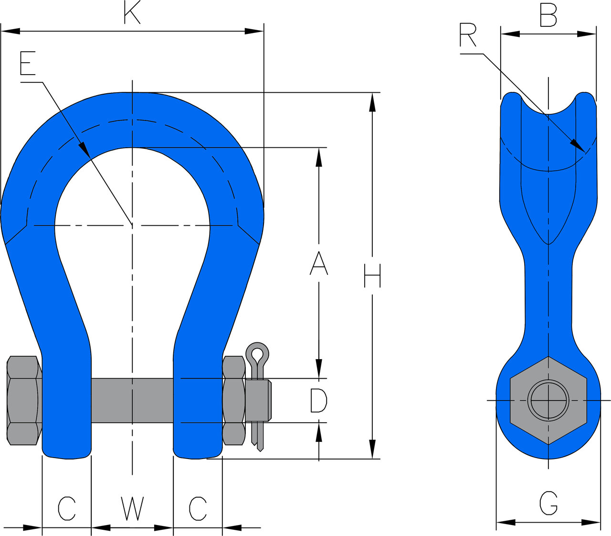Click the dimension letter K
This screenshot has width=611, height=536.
tap(132, 13)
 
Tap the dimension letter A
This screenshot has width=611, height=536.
tap(319, 263)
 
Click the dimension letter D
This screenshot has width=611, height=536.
tap(318, 400)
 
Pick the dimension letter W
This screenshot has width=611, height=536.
tap(132, 509)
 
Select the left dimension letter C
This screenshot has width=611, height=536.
tap(67, 509)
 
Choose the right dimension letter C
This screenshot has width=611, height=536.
tap(198, 509)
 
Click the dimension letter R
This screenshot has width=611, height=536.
tap(468, 35)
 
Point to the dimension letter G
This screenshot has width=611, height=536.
tap(548, 503)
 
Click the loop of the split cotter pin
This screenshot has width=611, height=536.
tap(257, 354)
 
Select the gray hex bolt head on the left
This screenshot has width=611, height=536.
tap(22, 400)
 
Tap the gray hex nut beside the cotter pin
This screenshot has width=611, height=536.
tap(234, 400)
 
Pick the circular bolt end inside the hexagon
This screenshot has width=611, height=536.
tap(548, 400)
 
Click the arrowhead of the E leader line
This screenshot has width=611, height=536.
tap(85, 150)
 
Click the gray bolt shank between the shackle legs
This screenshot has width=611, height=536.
tap(132, 400)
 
